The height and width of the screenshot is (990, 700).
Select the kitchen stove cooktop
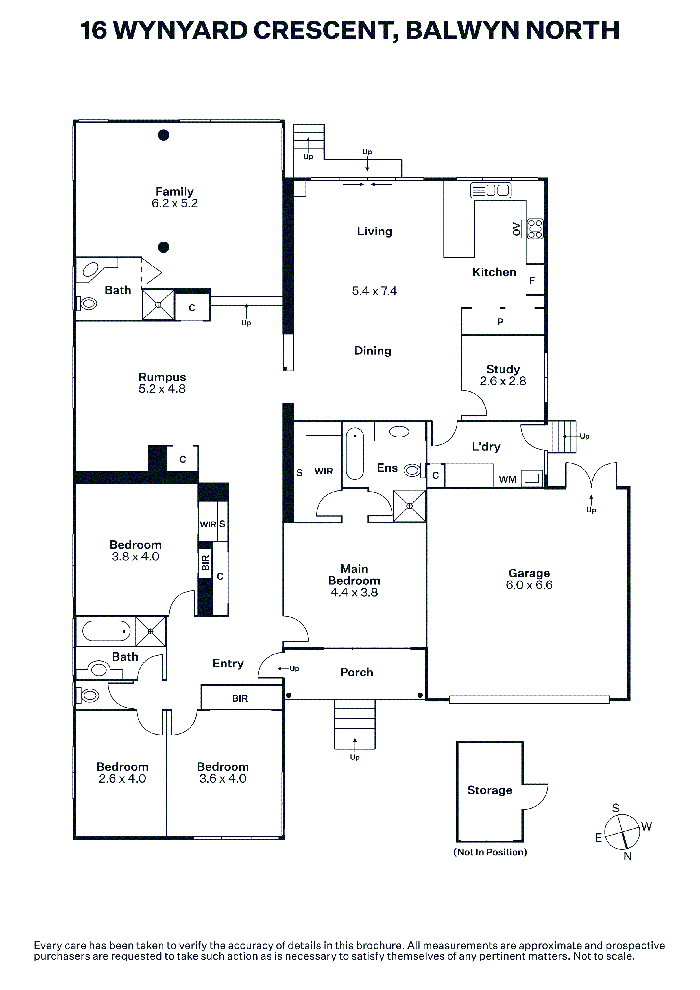[x=535, y=229]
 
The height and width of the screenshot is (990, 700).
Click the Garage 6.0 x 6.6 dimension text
[x=529, y=585]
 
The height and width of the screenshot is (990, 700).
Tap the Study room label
[x=503, y=369]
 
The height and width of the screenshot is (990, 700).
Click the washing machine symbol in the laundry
[x=532, y=478]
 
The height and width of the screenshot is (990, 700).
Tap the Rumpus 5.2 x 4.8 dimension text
[x=162, y=389]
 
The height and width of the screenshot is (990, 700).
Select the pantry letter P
[x=500, y=322]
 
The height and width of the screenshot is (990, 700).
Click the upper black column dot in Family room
[x=163, y=135]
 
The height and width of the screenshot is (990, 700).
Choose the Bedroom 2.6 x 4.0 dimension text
[x=123, y=778]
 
